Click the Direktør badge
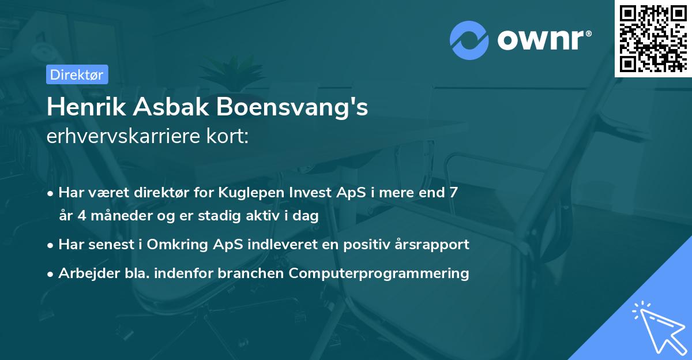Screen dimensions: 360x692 click(77, 74)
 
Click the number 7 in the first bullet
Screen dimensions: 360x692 click(454, 192)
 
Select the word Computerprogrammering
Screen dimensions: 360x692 click(379, 273)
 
